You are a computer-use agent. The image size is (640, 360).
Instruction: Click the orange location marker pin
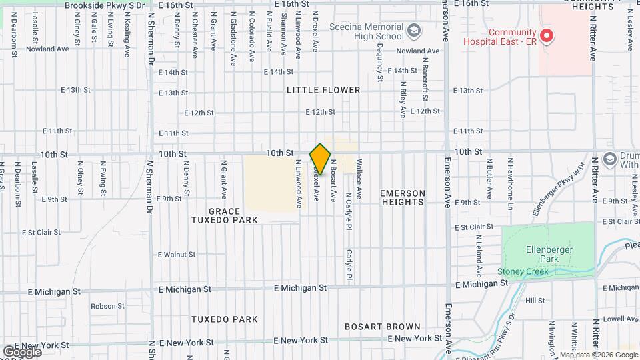click(321, 159)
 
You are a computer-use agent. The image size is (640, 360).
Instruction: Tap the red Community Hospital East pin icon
click(546, 35)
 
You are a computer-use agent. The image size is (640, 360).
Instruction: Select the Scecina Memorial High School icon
click(414, 30)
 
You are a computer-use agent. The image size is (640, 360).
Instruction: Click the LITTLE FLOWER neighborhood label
click(323, 90)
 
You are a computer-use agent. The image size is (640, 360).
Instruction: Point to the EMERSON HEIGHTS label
click(402, 197)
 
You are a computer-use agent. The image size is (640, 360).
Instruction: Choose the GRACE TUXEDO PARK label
click(225, 215)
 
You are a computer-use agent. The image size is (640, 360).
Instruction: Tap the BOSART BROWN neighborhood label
click(383, 327)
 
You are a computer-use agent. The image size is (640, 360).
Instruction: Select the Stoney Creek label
click(523, 271)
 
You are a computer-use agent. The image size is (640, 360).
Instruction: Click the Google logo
click(22, 351)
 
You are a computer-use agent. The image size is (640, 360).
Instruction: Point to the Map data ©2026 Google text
click(599, 355)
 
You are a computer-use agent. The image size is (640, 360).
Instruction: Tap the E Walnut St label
click(177, 255)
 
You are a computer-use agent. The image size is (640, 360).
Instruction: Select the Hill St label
click(535, 301)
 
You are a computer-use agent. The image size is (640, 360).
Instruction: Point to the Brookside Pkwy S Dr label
click(105, 5)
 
